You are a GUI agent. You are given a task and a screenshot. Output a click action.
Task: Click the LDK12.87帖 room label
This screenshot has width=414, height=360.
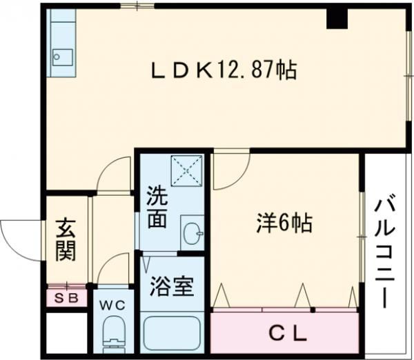click(x=224, y=70)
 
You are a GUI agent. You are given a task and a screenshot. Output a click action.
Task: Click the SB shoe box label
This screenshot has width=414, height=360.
click(x=67, y=299)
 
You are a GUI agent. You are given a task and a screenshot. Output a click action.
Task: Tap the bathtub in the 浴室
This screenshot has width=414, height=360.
click(x=171, y=335)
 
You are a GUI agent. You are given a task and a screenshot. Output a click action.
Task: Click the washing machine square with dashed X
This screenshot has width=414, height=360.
click(x=188, y=172)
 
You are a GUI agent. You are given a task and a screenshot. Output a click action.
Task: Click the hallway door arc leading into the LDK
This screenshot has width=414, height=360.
click(x=114, y=174)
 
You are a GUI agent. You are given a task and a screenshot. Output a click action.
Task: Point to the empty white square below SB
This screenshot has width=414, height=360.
click(x=67, y=334)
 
